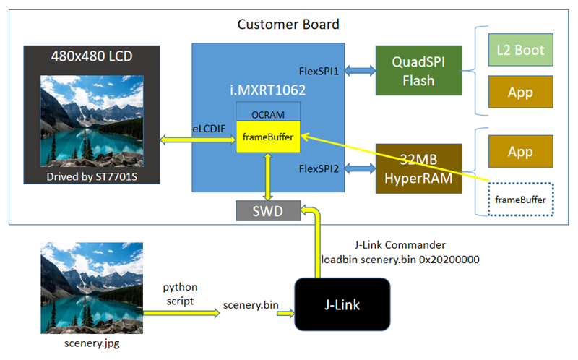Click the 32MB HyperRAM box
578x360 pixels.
418,168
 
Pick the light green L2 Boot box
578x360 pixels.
520,51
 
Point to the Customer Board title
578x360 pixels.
288,25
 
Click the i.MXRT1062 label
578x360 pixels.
265,91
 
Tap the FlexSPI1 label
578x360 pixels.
319,72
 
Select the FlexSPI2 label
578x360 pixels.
319,169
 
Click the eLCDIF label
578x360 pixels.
209,128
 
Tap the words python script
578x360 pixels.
180,293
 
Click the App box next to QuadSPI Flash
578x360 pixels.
520,93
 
